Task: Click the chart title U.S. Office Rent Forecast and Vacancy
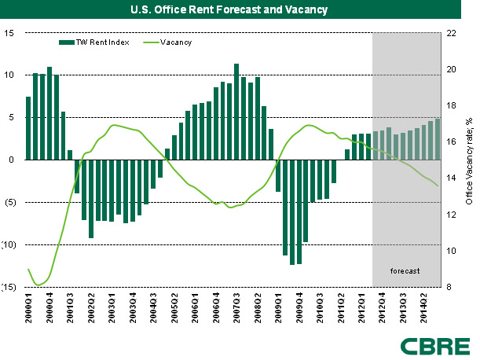[x=240, y=10]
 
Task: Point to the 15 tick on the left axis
[x=10, y=33]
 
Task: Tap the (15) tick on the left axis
[x=9, y=287]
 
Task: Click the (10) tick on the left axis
[x=9, y=244]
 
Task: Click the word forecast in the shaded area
[x=405, y=271]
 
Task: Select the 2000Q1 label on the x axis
[x=29, y=307]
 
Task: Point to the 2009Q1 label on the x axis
[x=277, y=307]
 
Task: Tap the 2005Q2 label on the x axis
[x=174, y=307]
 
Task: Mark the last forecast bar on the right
[x=438, y=139]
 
